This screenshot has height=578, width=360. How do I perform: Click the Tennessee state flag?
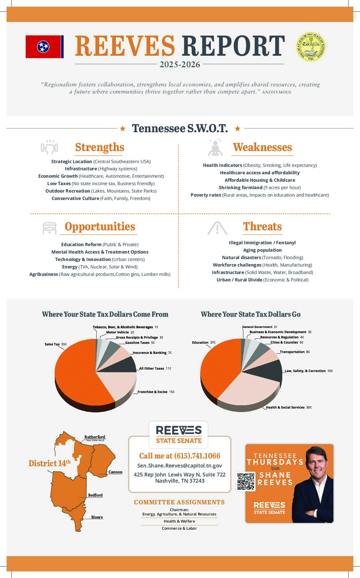pos(45,47)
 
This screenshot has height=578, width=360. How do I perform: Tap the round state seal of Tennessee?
pos(310,47)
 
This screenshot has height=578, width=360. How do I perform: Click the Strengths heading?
pos(99,147)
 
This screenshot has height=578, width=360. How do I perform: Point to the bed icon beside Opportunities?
pos(50,228)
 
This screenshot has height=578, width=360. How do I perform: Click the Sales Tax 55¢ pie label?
pos(55,344)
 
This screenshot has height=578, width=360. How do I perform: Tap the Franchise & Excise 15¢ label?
pos(156,392)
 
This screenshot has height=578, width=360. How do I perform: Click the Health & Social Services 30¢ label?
pos(288,407)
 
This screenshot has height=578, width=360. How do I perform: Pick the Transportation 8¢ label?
pos(295,352)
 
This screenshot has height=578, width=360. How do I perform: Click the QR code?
pos(246,481)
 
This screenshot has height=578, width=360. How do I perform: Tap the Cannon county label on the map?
pos(115,472)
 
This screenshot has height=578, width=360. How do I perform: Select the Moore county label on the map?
pos(97,517)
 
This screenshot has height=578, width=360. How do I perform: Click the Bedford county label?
pos(95,495)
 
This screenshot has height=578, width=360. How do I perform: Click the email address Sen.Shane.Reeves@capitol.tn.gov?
pos(180,466)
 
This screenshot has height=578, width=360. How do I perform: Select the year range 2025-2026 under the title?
pos(180,65)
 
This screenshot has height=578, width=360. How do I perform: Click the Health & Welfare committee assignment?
pos(179,521)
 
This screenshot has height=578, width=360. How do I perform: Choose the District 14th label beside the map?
pos(50,463)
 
